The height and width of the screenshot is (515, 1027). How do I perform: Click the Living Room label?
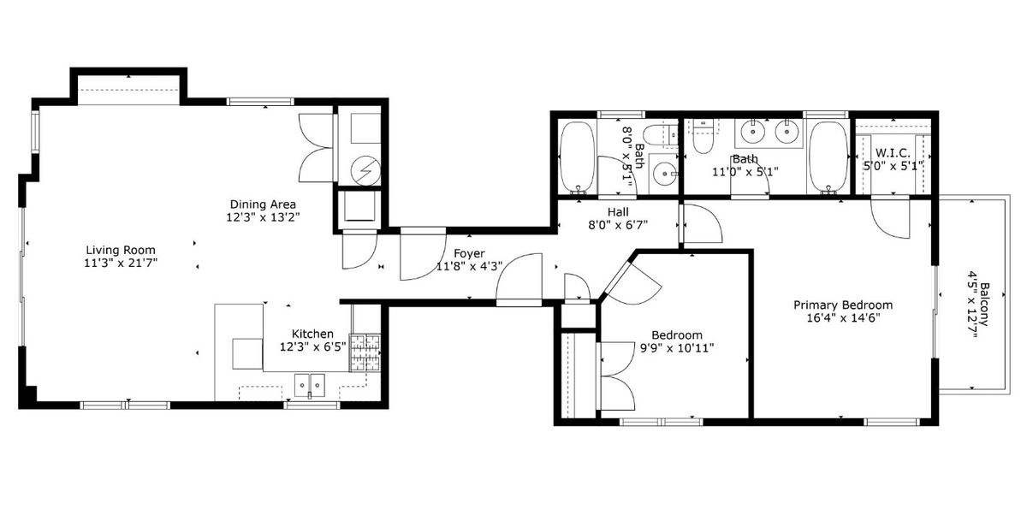121,250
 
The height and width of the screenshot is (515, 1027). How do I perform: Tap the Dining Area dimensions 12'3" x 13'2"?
263,217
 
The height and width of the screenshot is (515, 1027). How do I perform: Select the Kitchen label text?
312,334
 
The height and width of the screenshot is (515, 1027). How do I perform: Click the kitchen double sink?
310,385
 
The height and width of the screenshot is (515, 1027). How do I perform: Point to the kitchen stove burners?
365,352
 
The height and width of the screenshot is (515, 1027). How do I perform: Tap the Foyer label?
469,253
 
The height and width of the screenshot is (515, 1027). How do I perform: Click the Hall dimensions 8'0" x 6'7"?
618,225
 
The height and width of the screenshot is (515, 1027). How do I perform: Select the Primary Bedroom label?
843,305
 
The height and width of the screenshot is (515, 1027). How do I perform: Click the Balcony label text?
984,304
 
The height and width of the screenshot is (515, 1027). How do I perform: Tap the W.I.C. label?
893,153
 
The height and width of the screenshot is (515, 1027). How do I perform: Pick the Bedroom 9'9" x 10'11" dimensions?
677,348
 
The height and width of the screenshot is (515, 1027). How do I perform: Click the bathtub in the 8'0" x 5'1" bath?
578,157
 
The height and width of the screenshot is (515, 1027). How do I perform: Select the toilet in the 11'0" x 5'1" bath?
702,137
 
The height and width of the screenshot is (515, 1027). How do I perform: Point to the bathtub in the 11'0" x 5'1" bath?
828,157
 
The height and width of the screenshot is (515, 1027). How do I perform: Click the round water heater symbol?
365,171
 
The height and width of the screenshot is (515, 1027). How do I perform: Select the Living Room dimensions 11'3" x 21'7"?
121,263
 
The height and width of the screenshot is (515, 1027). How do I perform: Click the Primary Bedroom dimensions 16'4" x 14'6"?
843,318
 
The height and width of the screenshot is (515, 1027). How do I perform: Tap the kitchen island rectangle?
247,353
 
